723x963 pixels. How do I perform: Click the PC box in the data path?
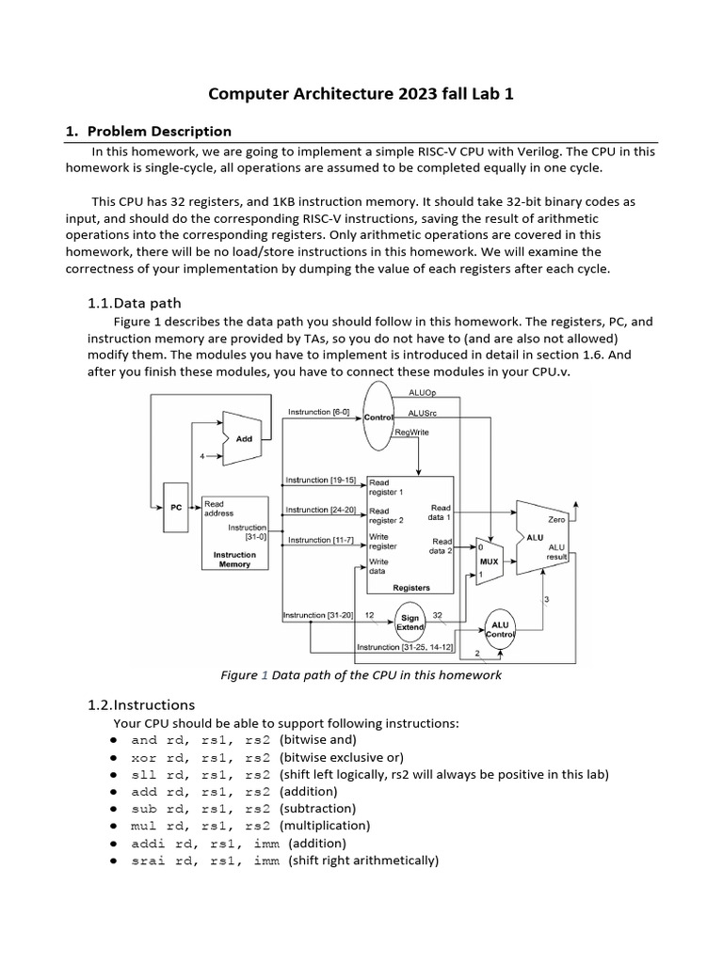tap(176, 507)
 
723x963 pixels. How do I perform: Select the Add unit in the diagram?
tap(244, 438)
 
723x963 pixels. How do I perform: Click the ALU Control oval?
tap(501, 628)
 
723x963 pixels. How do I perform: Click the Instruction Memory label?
tap(234, 560)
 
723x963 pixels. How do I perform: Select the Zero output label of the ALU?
tap(555, 518)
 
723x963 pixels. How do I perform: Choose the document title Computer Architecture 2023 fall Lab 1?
tap(361, 94)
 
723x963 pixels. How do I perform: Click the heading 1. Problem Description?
tap(148, 131)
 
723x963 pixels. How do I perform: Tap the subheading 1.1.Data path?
tap(134, 303)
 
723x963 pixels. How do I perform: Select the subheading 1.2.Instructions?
tap(141, 704)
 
